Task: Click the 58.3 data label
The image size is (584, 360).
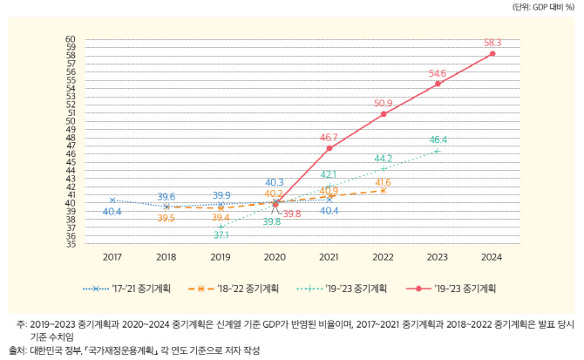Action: tap(492, 43)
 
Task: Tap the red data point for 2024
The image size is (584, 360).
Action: tap(492, 54)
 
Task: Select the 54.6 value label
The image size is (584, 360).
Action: tap(438, 73)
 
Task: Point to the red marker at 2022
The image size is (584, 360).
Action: tap(384, 114)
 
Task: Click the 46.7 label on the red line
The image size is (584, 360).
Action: tap(329, 138)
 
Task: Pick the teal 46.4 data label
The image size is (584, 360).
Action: tap(438, 140)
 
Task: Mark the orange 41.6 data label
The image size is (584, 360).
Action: tap(384, 182)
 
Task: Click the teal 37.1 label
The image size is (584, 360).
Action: tap(221, 234)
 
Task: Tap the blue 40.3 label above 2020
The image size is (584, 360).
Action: tap(275, 182)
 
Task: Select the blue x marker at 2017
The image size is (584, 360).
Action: tap(112, 200)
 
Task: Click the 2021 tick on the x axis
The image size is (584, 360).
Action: tap(329, 257)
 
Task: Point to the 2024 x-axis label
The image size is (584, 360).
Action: tap(492, 257)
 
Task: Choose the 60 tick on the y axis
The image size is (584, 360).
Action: tap(71, 39)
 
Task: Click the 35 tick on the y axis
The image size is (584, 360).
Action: tap(71, 244)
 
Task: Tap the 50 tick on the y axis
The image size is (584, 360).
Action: tap(71, 121)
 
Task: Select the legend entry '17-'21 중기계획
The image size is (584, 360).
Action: tap(126, 289)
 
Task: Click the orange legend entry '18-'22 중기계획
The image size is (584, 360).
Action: tap(234, 289)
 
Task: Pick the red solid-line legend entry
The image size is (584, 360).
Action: tap(451, 289)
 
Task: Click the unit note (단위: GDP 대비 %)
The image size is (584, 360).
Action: tap(543, 7)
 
